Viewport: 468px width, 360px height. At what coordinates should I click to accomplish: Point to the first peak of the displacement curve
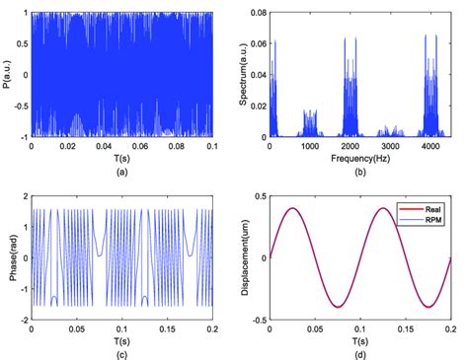click(x=292, y=208)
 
